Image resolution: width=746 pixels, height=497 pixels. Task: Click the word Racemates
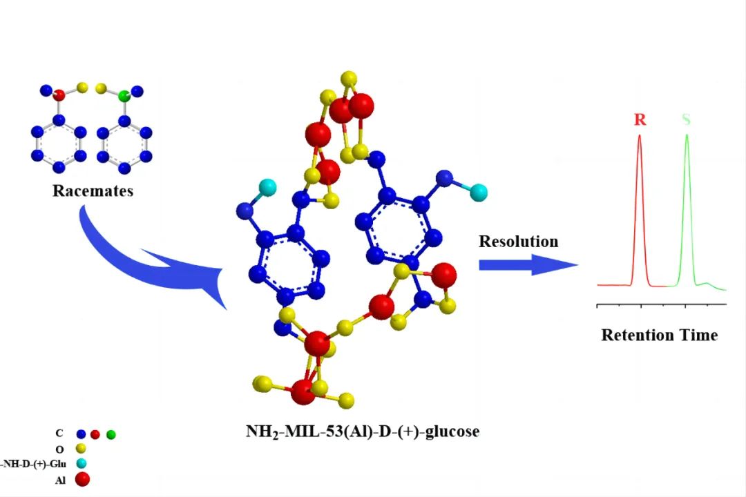pyautogui.click(x=93, y=191)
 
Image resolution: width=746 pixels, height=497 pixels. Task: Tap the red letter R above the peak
pyautogui.click(x=640, y=119)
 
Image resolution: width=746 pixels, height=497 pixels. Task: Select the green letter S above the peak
pyautogui.click(x=686, y=119)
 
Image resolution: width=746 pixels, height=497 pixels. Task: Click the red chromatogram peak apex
pyautogui.click(x=640, y=136)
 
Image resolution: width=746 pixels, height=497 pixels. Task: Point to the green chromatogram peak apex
pyautogui.click(x=687, y=135)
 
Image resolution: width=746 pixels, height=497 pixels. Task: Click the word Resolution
pyautogui.click(x=519, y=242)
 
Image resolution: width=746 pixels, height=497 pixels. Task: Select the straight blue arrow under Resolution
pyautogui.click(x=528, y=265)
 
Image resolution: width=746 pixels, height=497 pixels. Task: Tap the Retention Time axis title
pyautogui.click(x=659, y=335)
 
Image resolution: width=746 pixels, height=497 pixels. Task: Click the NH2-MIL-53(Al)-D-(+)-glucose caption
pyautogui.click(x=363, y=432)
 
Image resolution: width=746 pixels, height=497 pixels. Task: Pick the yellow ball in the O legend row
pyautogui.click(x=81, y=449)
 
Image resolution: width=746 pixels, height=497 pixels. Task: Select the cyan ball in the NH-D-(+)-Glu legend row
pyautogui.click(x=81, y=464)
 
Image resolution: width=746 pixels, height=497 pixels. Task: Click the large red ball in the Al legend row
pyautogui.click(x=81, y=479)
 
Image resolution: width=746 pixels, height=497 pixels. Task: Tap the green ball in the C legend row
pyautogui.click(x=111, y=435)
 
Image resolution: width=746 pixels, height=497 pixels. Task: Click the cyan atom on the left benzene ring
pyautogui.click(x=268, y=186)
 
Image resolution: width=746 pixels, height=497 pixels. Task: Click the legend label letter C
pyautogui.click(x=59, y=434)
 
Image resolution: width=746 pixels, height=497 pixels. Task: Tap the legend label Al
pyautogui.click(x=60, y=480)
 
